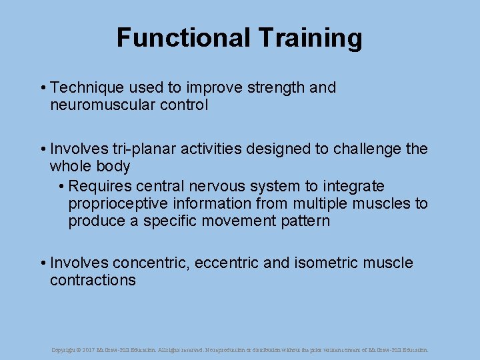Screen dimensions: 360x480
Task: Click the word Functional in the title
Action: click(x=176, y=38)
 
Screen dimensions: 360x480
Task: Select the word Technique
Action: click(x=87, y=88)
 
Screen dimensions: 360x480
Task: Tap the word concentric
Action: click(x=152, y=263)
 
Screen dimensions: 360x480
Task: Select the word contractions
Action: click(x=93, y=281)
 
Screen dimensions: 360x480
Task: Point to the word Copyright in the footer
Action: click(x=64, y=349)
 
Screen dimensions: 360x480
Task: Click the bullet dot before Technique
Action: click(x=42, y=88)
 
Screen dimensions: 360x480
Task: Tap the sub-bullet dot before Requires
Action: click(x=61, y=186)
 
